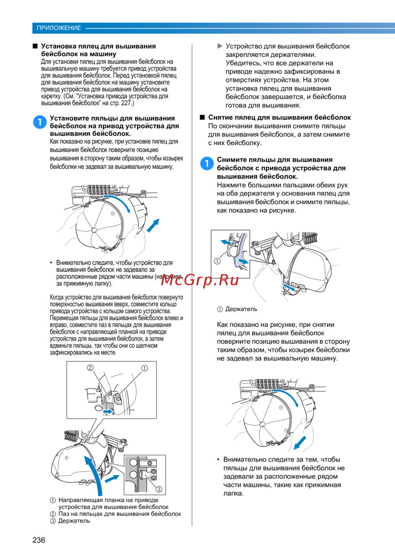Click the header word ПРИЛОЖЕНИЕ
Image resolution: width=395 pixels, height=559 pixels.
point(58,28)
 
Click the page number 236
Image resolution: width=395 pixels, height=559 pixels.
point(39,540)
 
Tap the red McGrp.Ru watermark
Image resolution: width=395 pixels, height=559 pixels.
point(200,280)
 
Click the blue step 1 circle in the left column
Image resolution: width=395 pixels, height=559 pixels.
point(40,122)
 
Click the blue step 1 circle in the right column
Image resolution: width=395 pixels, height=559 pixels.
point(207,163)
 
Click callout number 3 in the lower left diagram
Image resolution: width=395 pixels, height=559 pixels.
point(159,489)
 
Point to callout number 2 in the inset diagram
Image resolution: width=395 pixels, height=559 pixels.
point(90,368)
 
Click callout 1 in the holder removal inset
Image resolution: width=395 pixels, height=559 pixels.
point(217,261)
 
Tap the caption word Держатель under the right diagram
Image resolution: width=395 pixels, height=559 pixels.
point(241,309)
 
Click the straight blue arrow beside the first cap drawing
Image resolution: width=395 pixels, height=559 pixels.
point(153,225)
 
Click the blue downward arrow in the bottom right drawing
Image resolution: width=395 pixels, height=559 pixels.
point(300,443)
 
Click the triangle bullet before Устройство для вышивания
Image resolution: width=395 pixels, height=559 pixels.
point(220,46)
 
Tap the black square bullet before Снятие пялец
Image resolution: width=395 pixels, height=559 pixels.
point(202,117)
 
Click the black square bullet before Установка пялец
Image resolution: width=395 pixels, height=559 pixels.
point(35,46)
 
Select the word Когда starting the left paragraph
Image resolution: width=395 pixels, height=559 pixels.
point(58,298)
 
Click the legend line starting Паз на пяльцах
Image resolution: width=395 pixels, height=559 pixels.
point(119,514)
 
